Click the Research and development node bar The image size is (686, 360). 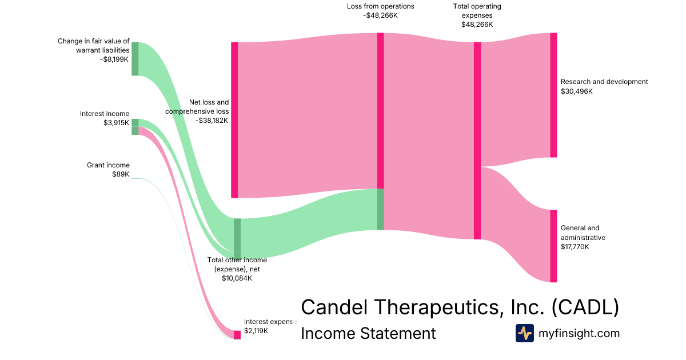point(553,95)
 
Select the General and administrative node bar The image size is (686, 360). point(553,246)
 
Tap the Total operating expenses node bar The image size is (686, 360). point(477,141)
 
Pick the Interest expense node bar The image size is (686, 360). point(237,334)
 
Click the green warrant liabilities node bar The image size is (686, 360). point(135,59)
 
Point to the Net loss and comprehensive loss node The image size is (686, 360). point(234,120)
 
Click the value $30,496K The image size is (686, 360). point(577,91)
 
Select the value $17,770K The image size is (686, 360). point(575,247)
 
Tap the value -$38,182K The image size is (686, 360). point(212,121)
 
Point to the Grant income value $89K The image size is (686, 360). point(121,174)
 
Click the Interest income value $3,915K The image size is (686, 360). point(116,123)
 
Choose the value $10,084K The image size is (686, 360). point(237,278)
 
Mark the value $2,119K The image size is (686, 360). point(256,330)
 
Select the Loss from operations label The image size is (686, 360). point(380,6)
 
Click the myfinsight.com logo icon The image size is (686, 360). point(525,333)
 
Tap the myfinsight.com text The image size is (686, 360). point(579,333)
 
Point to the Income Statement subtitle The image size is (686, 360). point(368,333)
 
